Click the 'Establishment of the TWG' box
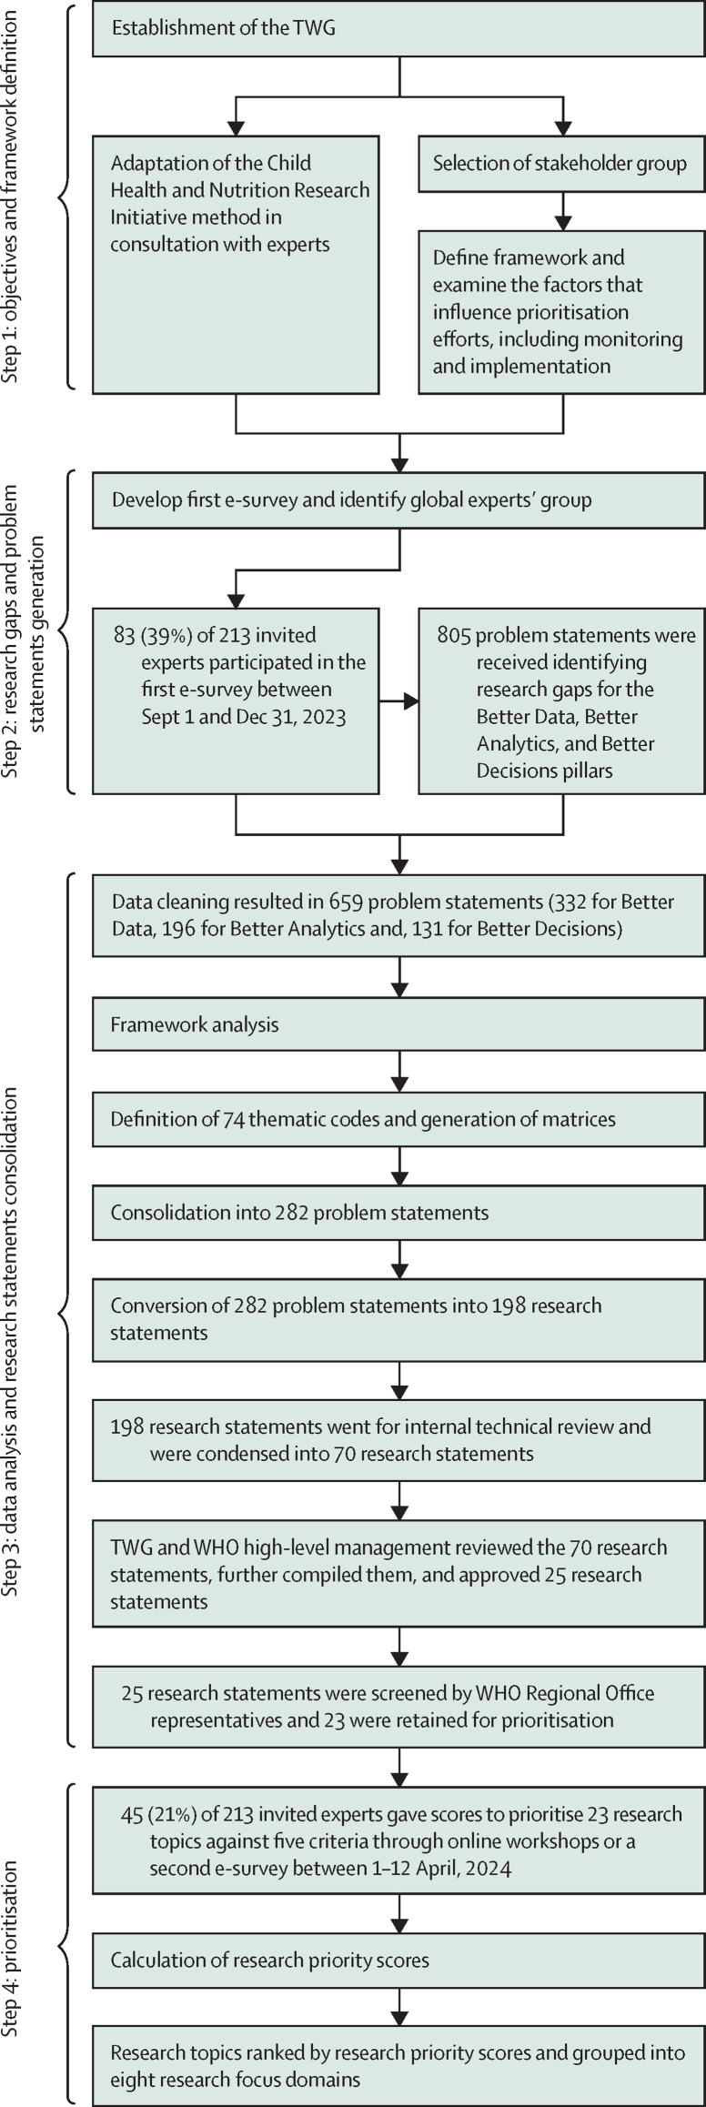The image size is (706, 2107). pos(398,28)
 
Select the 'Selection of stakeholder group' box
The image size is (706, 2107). pos(561,164)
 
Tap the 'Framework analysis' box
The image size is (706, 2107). pos(398,1025)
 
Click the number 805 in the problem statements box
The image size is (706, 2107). pos(453,636)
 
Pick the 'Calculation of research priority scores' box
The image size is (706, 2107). pos(398,1961)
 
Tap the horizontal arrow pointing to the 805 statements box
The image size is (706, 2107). pos(398,701)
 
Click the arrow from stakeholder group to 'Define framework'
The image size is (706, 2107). pos(563,210)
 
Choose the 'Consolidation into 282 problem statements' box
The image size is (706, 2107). pos(398,1213)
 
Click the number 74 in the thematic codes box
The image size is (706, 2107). pos(234,1119)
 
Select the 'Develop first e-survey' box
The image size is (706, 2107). pos(398,499)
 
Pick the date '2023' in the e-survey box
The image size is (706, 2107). pos(325,717)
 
